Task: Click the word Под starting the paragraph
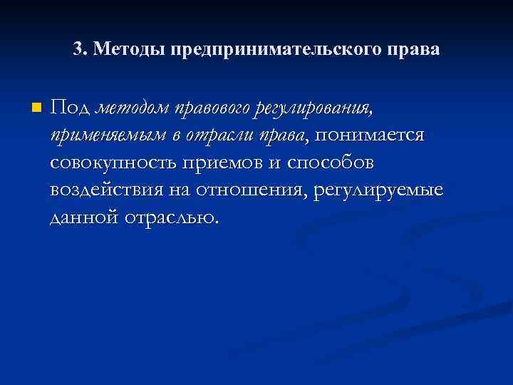[x=69, y=108]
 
